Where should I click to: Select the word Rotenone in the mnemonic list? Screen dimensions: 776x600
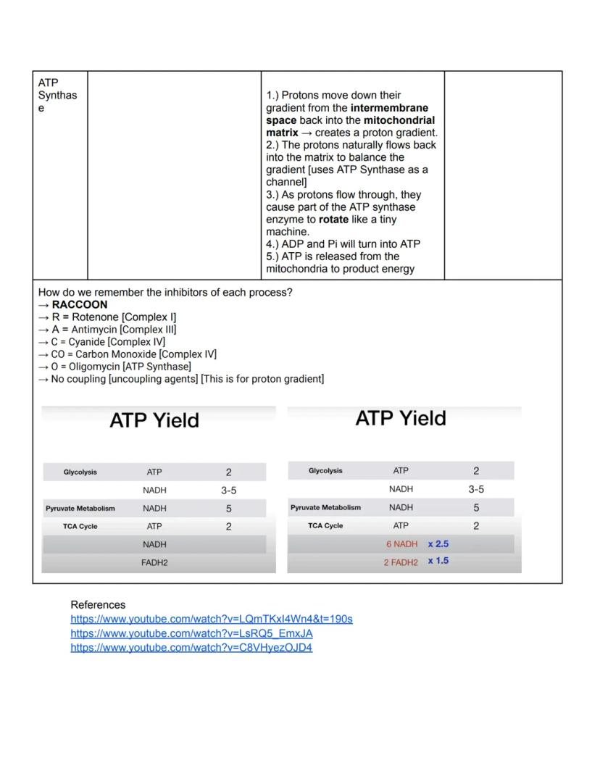click(x=94, y=317)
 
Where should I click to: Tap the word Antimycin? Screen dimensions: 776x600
click(x=94, y=330)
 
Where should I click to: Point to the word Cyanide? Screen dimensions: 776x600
click(x=86, y=342)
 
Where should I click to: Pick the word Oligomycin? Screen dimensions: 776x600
click(x=95, y=367)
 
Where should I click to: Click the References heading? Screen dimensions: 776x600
click(x=98, y=605)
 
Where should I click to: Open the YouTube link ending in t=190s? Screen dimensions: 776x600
click(x=212, y=619)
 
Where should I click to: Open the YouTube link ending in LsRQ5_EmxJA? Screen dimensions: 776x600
click(x=191, y=633)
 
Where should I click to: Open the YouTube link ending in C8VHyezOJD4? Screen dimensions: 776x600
click(x=191, y=648)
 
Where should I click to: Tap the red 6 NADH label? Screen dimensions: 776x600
click(x=401, y=544)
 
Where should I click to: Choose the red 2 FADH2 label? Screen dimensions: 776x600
click(x=401, y=562)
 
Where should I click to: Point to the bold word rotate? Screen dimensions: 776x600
click(x=333, y=220)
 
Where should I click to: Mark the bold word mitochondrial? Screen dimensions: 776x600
click(x=399, y=120)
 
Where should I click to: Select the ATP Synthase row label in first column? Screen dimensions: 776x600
click(x=57, y=96)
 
